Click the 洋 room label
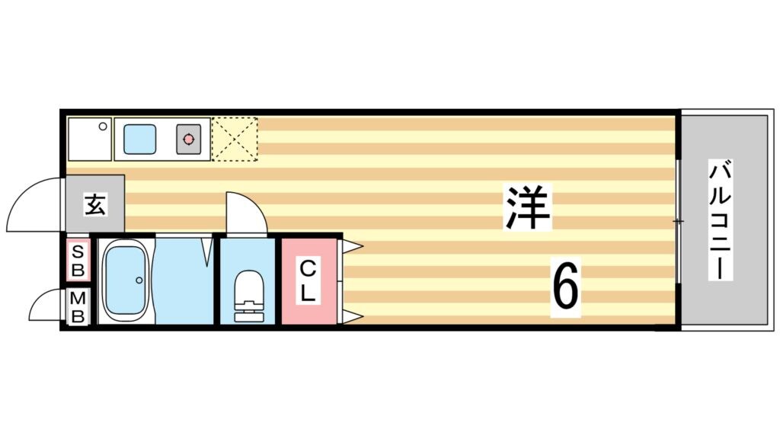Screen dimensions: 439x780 [x=526, y=208]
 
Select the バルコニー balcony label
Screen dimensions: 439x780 [x=720, y=220]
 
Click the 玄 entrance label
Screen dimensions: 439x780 [x=94, y=204]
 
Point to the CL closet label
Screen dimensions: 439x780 [x=307, y=280]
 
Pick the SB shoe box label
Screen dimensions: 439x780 [x=78, y=260]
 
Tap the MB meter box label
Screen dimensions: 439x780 [x=78, y=307]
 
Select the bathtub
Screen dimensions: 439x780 [x=125, y=280]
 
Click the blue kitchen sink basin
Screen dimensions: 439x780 [x=139, y=139]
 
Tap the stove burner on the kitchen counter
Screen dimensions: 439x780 [x=188, y=139]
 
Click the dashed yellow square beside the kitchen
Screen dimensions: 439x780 [x=235, y=139]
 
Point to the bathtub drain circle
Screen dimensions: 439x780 [x=139, y=280]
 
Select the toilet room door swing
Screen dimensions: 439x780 [x=245, y=213]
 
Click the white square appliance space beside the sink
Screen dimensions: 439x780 [x=88, y=139]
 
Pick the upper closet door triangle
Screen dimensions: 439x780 [x=352, y=245]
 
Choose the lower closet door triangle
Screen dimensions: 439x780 [x=352, y=316]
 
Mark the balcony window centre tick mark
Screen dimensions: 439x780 [x=678, y=221]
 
